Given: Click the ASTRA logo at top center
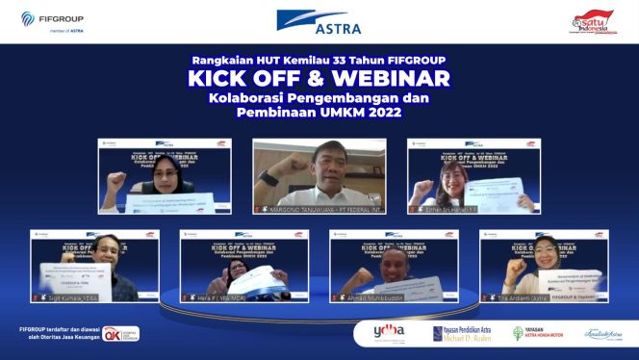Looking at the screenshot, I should pos(319,21).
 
